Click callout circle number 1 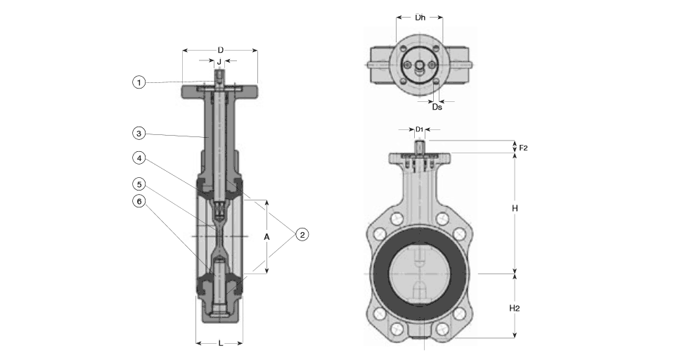click(x=139, y=82)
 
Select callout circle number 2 click(x=302, y=235)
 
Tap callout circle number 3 click(x=139, y=134)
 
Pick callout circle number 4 click(x=139, y=158)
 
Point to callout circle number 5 click(x=139, y=185)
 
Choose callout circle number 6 click(x=139, y=201)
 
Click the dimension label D click(x=220, y=51)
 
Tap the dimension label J click(x=219, y=62)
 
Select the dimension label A click(x=267, y=237)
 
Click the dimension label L click(x=220, y=343)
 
